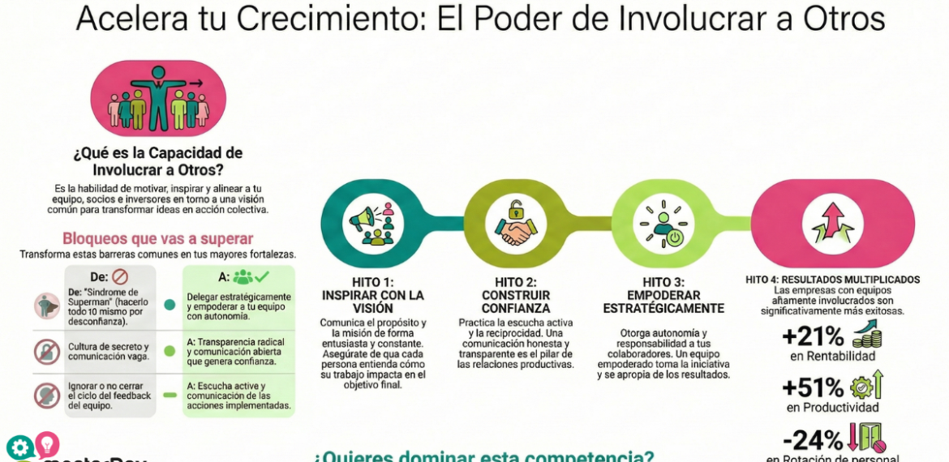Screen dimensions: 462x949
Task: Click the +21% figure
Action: (813, 336)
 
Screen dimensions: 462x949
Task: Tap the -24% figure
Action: (812, 441)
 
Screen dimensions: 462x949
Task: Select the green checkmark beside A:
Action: (261, 276)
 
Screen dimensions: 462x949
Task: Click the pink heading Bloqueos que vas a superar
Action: (157, 239)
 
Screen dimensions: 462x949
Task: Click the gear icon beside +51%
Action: (860, 386)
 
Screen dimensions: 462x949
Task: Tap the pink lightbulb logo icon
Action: (46, 443)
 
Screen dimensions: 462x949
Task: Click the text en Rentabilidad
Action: (832, 357)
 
